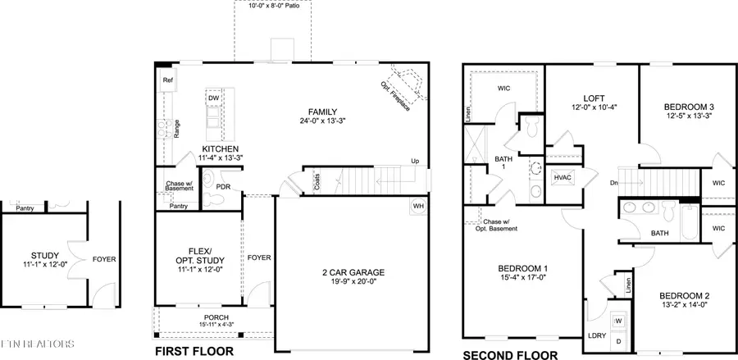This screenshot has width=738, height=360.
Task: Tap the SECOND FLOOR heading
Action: coord(511,355)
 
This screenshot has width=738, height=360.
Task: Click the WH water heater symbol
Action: coord(419,206)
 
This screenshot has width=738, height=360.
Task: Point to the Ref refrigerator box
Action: coord(167,80)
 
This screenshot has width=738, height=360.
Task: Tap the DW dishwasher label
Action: coord(213,98)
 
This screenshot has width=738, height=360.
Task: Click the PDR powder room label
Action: coord(222,186)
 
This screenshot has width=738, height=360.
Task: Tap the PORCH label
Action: coord(216,317)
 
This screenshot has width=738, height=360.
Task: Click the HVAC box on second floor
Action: coord(563,177)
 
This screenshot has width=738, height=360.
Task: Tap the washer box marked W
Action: coord(618,320)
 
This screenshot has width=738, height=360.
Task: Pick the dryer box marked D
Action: coord(618,339)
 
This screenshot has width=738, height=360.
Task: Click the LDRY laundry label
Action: coord(595,336)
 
